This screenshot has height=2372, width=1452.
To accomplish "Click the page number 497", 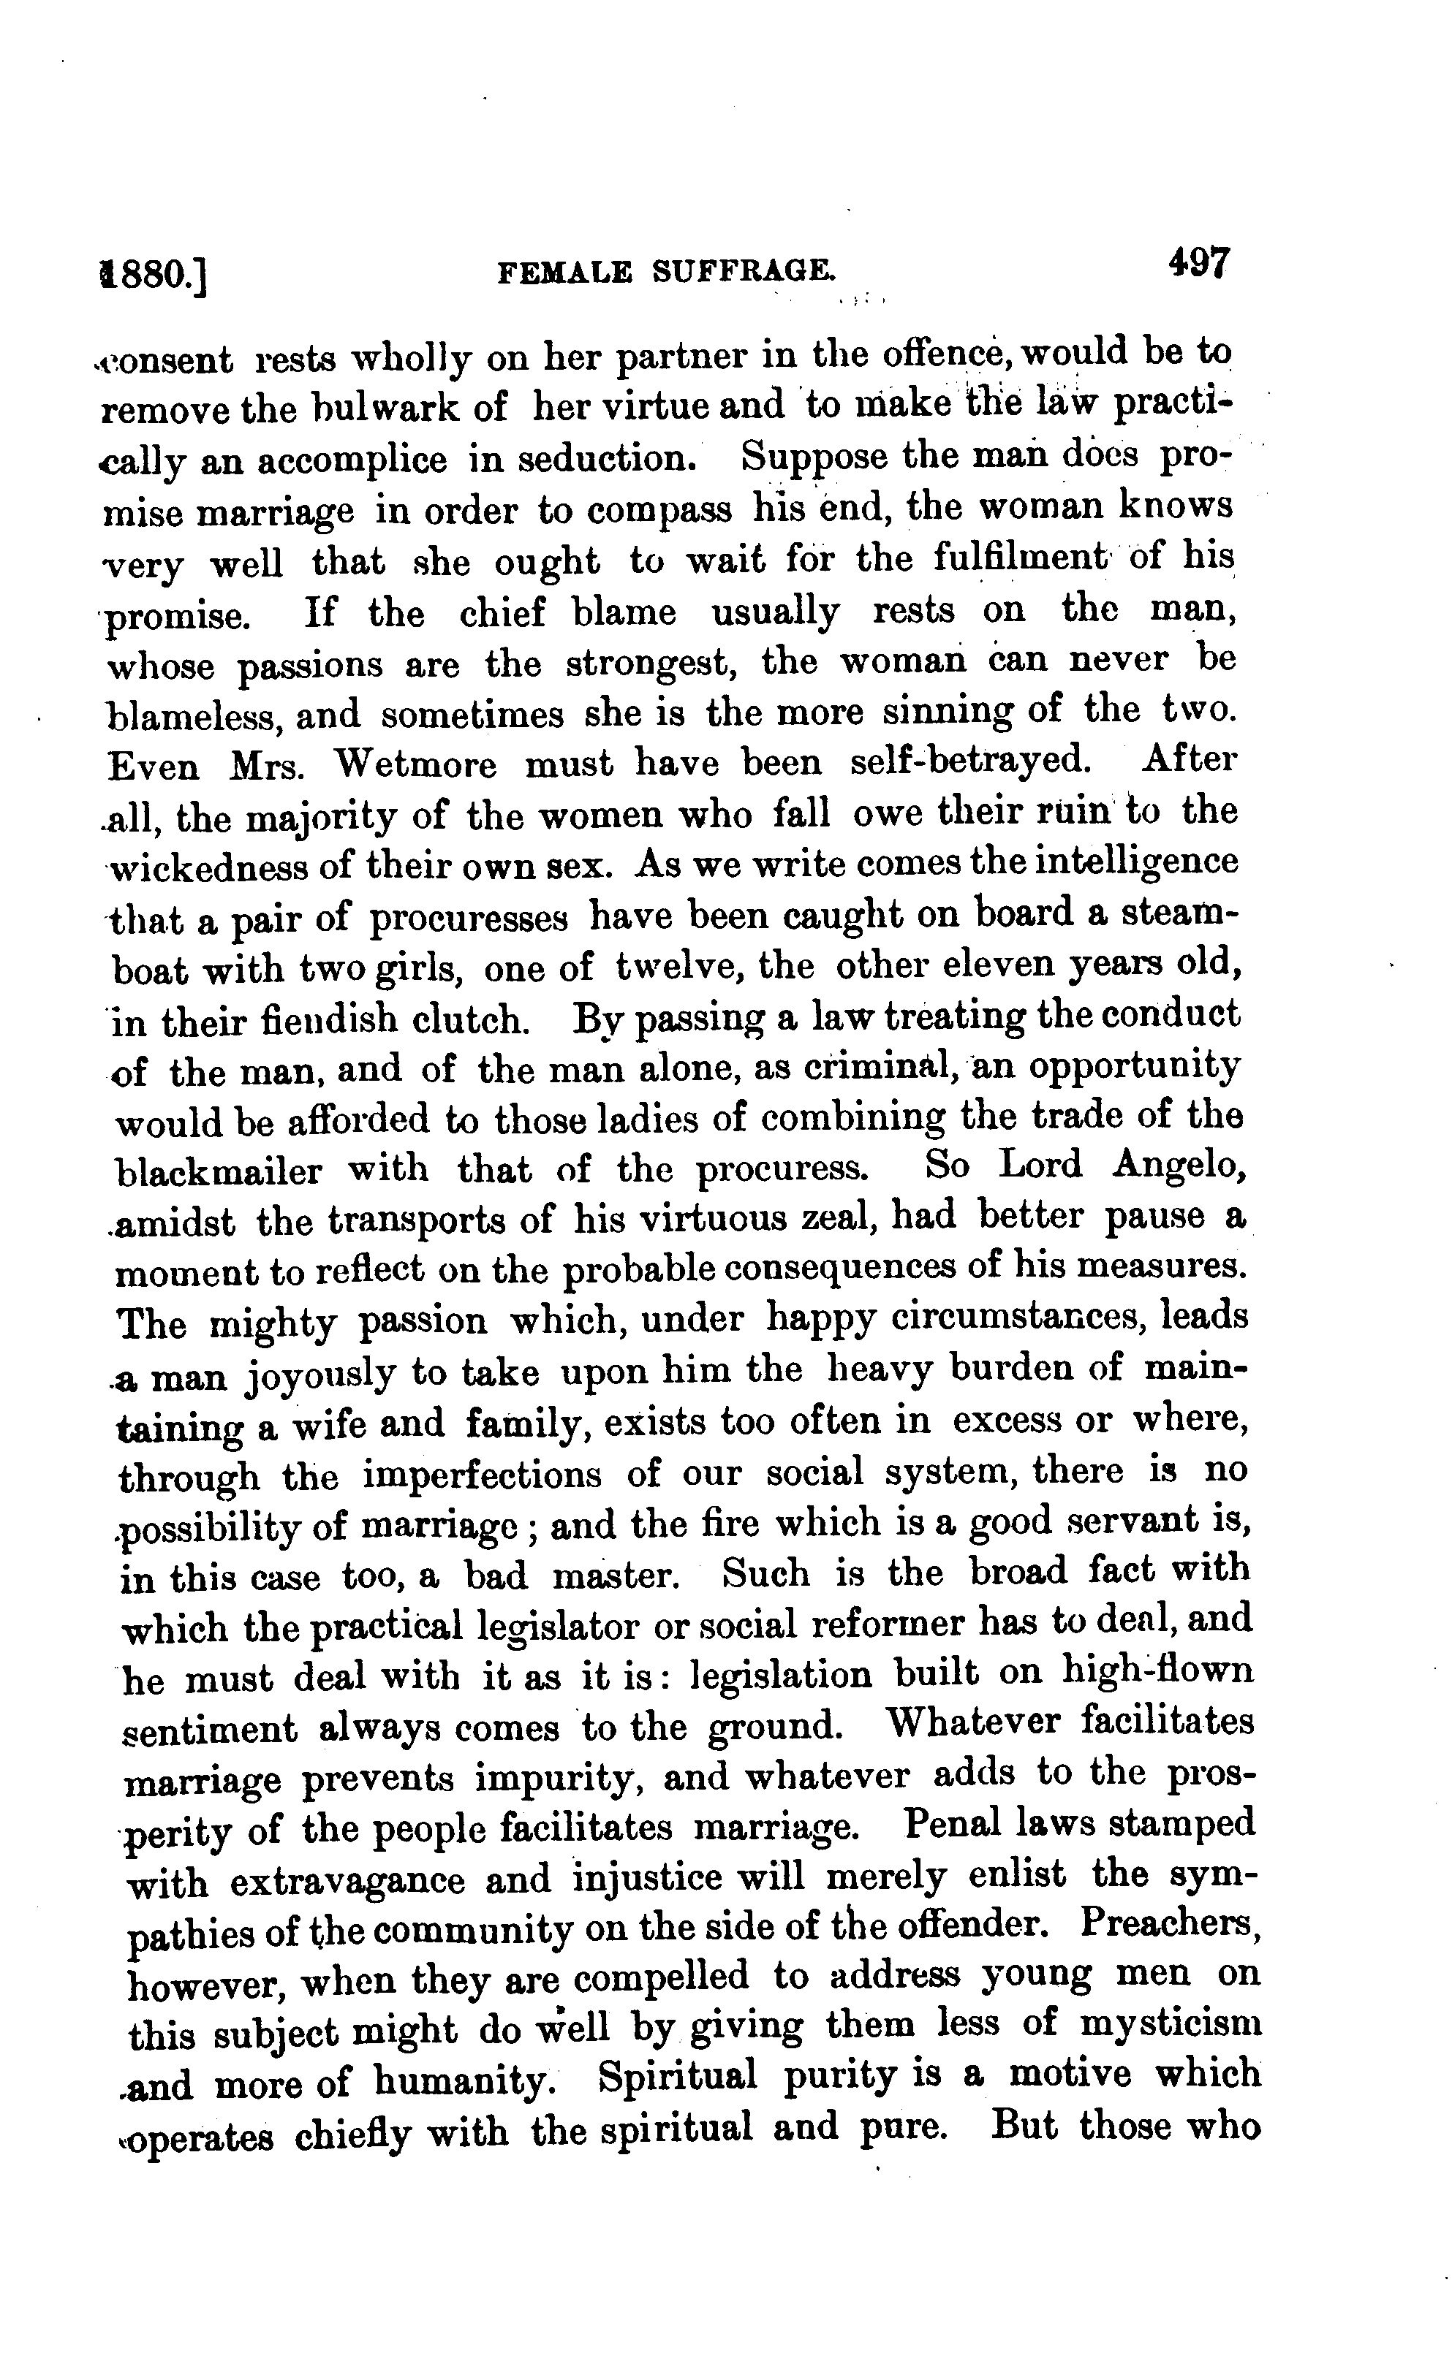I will (x=1199, y=263).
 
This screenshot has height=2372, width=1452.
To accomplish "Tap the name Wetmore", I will (x=415, y=764).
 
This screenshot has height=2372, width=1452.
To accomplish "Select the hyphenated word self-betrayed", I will (x=972, y=761).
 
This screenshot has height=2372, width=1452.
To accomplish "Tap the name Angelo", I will (x=1181, y=1166).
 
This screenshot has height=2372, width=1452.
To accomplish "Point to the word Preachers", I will (x=1171, y=1923).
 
